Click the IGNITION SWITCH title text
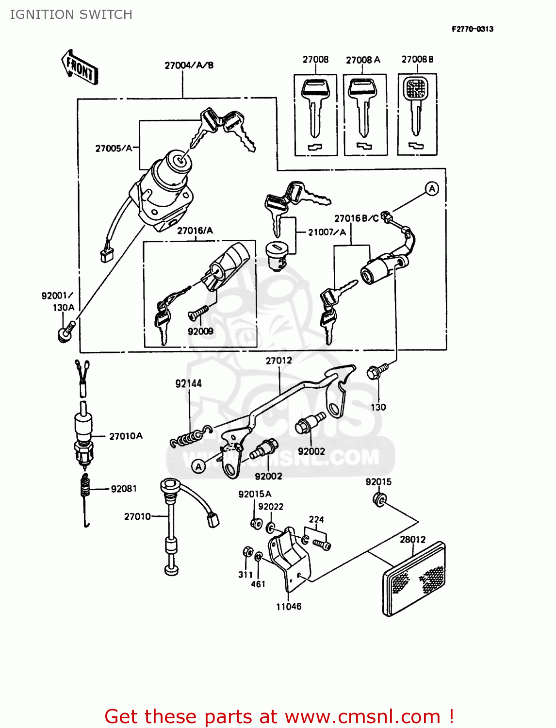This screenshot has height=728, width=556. coord(71,15)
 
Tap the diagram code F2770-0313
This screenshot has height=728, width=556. coord(472,29)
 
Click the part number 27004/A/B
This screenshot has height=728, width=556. coord(189,66)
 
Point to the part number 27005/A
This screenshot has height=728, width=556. coord(114,149)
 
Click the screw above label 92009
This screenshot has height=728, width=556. coord(198,312)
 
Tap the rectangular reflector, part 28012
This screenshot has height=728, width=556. coord(414,579)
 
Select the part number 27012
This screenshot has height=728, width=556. coord(278,361)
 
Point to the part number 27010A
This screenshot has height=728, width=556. coord(126,436)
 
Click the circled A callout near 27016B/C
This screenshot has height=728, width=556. coord(431,189)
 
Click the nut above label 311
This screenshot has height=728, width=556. coord(246,552)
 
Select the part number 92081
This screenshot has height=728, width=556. coord(124,489)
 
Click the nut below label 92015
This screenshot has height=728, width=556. coord(379,499)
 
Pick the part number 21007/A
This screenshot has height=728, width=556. coord(327,232)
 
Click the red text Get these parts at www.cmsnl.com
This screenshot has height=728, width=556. coord(279,716)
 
